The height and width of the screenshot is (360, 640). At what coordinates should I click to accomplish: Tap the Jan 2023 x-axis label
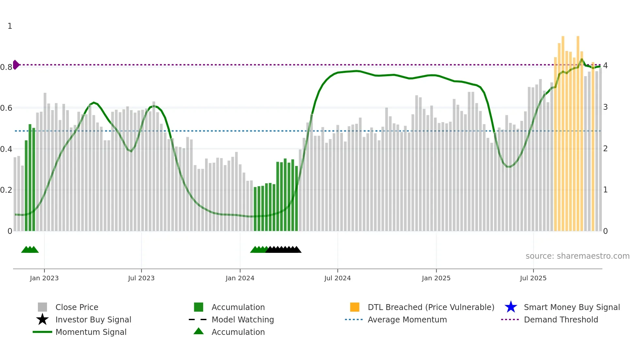[44, 278]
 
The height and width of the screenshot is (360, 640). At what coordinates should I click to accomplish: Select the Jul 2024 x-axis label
[337, 278]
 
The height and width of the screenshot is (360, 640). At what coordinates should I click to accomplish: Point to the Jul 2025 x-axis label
[533, 278]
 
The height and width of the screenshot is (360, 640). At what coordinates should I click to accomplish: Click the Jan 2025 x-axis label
[436, 278]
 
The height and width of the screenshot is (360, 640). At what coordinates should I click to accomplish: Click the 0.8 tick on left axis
[6, 67]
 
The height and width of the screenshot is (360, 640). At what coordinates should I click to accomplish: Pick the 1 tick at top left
[10, 26]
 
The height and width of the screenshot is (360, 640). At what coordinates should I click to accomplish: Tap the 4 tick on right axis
[605, 66]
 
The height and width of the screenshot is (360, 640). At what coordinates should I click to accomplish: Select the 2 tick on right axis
[605, 149]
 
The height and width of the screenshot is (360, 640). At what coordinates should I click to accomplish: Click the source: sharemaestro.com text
[577, 256]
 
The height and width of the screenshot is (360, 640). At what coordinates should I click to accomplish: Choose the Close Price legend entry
[76, 307]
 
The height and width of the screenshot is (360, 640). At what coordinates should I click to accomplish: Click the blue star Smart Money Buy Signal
[511, 307]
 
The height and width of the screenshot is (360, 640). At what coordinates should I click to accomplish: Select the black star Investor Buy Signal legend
[42, 319]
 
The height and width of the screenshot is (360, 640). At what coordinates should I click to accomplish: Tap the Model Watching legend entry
[242, 319]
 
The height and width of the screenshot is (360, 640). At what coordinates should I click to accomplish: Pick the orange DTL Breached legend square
[355, 307]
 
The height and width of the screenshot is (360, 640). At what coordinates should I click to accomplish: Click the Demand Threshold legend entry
[561, 319]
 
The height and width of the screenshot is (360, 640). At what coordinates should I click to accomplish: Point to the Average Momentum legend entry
[407, 319]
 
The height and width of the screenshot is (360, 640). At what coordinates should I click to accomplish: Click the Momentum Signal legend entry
[90, 332]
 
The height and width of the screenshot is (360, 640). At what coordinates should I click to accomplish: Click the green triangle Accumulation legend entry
[199, 331]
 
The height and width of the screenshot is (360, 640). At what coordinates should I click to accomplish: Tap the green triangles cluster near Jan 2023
[30, 250]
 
